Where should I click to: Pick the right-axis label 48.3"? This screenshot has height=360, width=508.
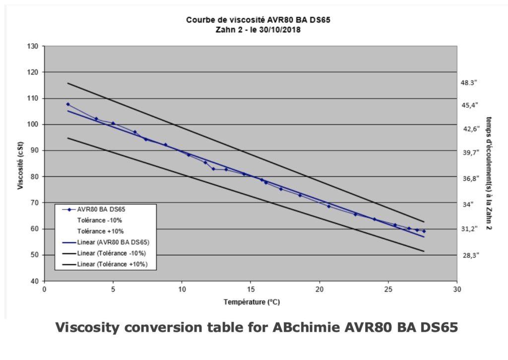click(468, 83)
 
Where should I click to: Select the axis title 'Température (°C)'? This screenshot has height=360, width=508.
click(252, 301)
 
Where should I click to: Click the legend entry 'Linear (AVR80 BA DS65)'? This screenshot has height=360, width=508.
click(114, 242)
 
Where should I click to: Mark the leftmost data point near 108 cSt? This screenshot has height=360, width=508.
click(67, 104)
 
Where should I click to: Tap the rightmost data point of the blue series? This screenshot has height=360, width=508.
click(424, 231)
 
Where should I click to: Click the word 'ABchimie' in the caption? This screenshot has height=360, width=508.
click(282, 328)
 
